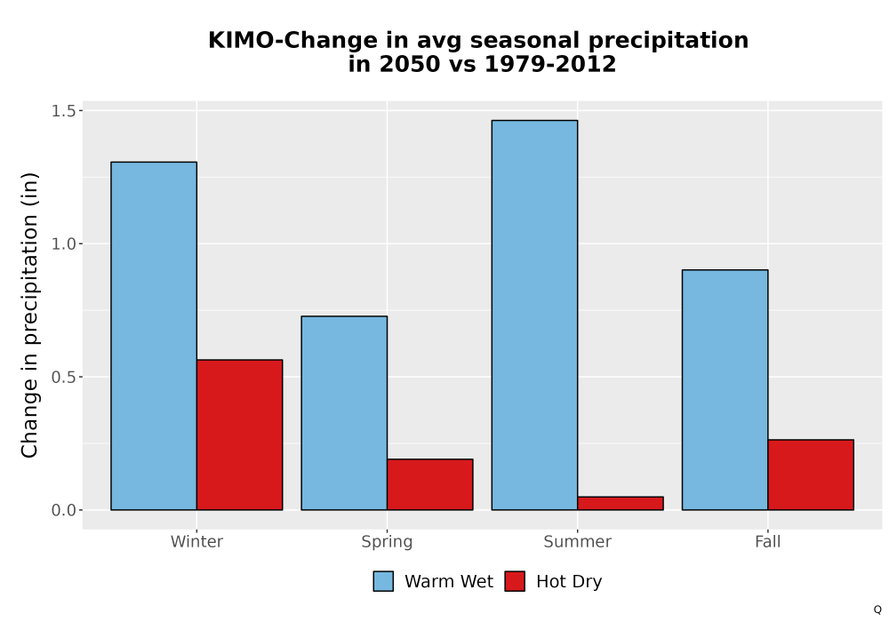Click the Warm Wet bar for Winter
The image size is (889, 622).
coord(154,336)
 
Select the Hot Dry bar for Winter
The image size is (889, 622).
coord(239,435)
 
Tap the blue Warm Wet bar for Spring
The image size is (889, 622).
coord(344,413)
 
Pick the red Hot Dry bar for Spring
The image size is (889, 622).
coord(429,484)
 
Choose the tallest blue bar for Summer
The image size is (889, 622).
coord(534,315)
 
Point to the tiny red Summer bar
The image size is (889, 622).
coord(621,504)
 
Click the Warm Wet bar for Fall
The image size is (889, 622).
coord(725,390)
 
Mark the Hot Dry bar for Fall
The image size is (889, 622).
coord(811,474)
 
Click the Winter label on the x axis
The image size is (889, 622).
coord(196,541)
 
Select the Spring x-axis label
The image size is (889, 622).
coord(388,542)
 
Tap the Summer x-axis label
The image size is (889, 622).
coord(578,541)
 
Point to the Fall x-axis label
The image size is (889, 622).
coord(768,541)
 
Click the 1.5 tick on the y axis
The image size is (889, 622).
coord(63,110)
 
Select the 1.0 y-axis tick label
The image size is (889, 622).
coord(63,243)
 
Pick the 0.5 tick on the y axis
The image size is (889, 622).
coord(63,377)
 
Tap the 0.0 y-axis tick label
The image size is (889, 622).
coord(63,510)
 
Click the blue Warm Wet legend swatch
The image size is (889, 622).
coord(383,581)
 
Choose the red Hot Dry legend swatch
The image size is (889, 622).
coord(515,581)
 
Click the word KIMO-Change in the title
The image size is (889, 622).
coord(292,40)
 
